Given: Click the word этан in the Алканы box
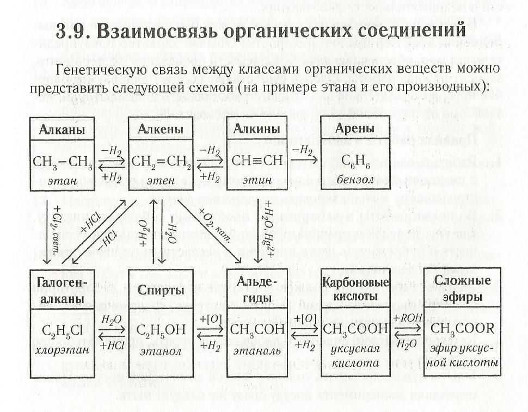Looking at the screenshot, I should pos(62,180).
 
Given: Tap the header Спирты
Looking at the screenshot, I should pos(157,290).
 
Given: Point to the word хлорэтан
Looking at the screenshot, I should pos(62,349).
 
